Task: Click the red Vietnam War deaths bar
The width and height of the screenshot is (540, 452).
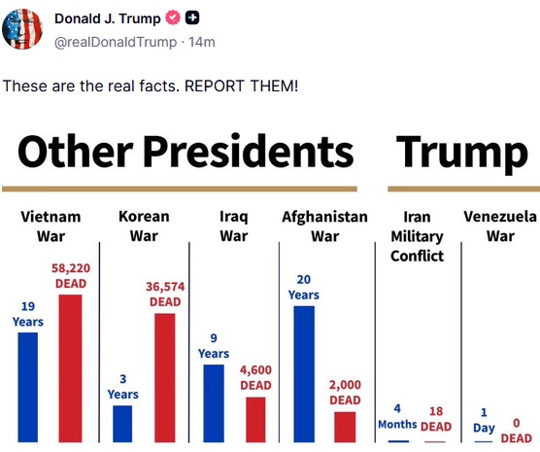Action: pos(70,368)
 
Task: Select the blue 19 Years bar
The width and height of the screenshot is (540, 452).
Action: pos(28,387)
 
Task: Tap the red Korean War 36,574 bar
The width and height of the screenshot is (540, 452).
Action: pos(165,377)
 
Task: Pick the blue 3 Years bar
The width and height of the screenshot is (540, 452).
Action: pos(122,424)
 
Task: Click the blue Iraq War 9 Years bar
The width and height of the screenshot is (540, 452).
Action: pos(214,403)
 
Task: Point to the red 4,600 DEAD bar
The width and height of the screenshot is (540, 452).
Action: pos(255,420)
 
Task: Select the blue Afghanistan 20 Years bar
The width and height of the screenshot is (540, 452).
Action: pos(304,374)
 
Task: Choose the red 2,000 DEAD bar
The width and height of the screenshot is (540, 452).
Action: pos(345,427)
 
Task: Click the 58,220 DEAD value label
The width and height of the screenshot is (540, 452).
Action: pos(71,275)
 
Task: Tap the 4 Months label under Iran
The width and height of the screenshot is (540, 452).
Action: pos(397,416)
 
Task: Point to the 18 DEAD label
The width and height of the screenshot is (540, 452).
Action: pos(436,419)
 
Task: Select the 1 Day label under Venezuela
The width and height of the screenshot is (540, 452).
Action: pos(484,420)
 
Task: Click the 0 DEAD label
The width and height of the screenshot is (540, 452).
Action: pos(517,431)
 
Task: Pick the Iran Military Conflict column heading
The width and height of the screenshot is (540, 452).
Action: pos(417,236)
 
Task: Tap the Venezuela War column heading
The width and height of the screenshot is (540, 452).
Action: pos(500,226)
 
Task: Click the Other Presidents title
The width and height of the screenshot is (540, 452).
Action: pos(186,152)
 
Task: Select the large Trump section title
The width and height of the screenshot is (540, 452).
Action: pos(462,153)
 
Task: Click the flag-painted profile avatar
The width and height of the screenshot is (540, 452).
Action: pos(22,29)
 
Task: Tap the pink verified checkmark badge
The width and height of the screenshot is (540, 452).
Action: pos(173,17)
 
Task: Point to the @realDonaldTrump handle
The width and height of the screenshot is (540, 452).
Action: pos(116,42)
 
